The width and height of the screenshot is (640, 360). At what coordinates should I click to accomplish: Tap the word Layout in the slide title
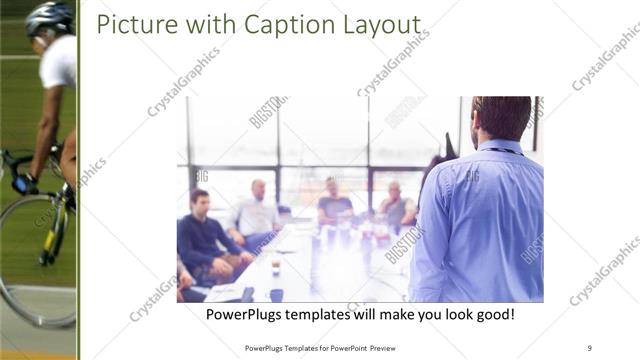(381, 25)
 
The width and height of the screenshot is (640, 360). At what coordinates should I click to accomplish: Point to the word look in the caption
(437, 314)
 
